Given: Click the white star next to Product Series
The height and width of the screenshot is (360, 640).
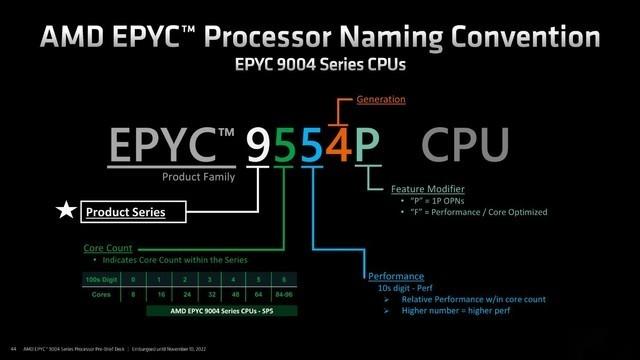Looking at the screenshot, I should click(x=65, y=211).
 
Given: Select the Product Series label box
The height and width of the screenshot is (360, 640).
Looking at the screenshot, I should click(x=124, y=212).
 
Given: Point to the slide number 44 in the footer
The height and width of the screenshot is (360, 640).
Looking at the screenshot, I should click(x=13, y=348).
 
